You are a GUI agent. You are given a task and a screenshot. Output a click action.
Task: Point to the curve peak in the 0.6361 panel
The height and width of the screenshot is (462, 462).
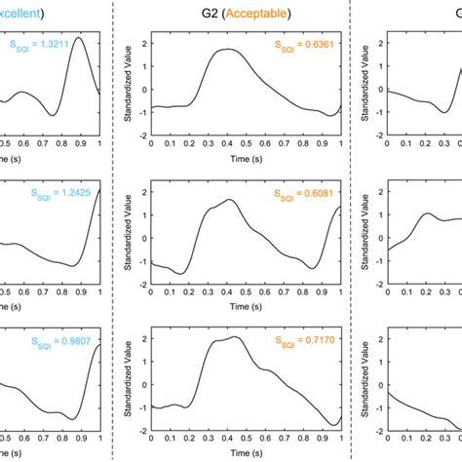tap(226, 49)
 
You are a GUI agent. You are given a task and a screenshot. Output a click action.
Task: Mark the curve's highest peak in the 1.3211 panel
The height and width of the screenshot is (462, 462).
tap(79, 37)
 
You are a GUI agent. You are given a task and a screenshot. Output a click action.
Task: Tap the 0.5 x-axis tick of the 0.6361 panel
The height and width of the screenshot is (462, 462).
tap(245, 143)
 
